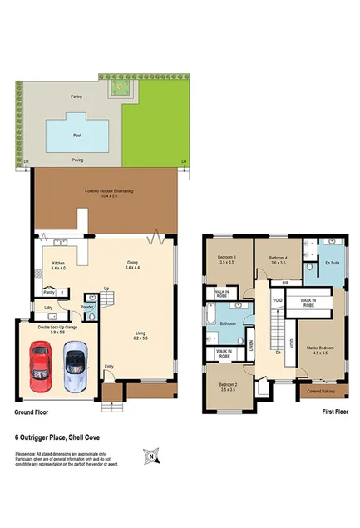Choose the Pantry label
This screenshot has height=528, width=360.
pos(48,293)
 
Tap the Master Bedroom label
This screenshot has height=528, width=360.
pos(319,349)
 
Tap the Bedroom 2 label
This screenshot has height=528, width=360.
pos(228,385)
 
